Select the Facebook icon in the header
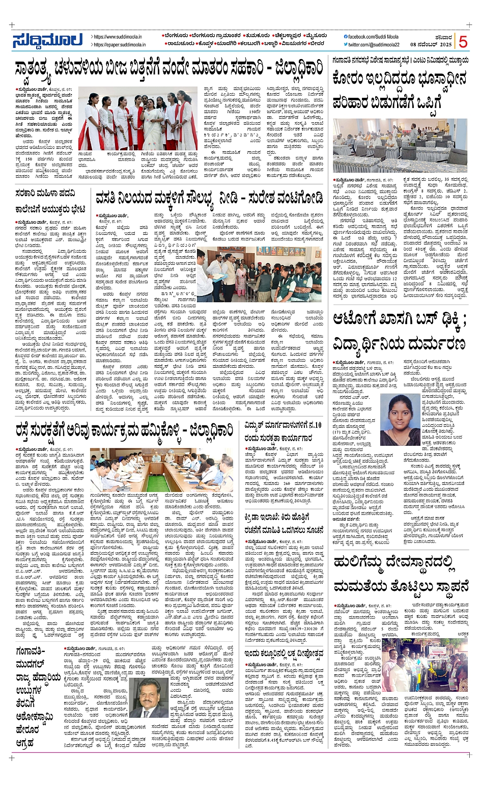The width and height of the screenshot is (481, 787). [346, 37]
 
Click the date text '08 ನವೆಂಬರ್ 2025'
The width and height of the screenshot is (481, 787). [431, 45]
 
